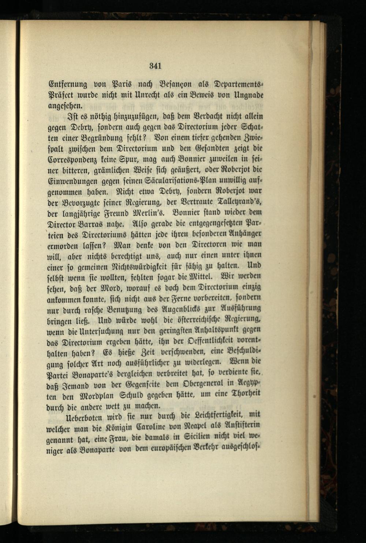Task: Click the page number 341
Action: coord(155,66)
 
